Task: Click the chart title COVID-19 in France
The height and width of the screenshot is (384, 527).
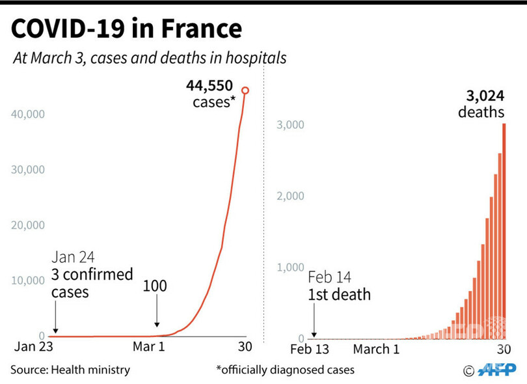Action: click(126, 29)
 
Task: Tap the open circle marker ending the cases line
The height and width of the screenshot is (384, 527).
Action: click(245, 90)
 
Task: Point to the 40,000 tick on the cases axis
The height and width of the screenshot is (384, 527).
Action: click(28, 115)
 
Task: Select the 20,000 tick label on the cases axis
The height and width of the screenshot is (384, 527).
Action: click(28, 225)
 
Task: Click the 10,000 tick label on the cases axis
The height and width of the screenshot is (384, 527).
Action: click(28, 281)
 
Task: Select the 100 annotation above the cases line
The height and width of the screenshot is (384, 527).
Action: click(154, 286)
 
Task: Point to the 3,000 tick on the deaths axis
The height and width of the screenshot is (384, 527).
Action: click(291, 125)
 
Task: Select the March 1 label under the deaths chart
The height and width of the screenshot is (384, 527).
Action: click(376, 350)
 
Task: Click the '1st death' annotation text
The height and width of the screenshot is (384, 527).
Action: click(339, 294)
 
